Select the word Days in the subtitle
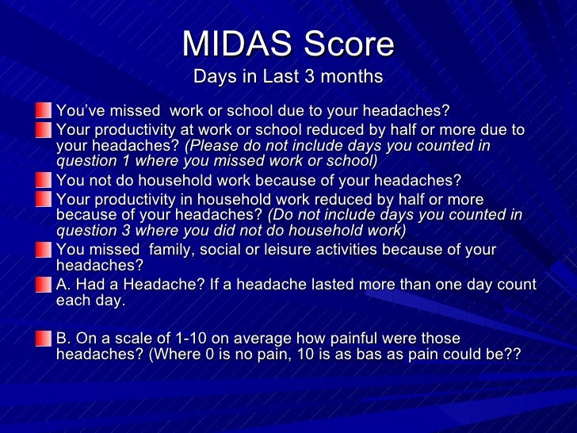pos(211,77)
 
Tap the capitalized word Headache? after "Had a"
pos(158,285)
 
